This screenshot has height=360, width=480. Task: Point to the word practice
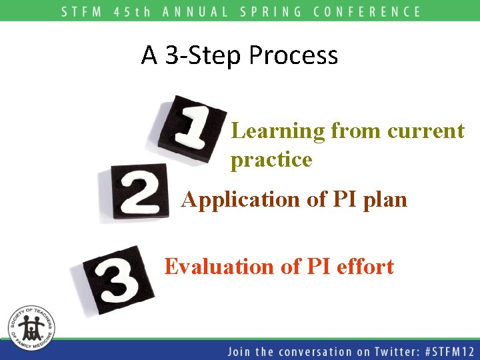[271, 160]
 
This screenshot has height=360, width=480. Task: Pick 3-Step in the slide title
[204, 55]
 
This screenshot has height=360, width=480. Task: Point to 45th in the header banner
[133, 11]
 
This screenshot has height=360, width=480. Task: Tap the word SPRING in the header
[274, 11]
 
